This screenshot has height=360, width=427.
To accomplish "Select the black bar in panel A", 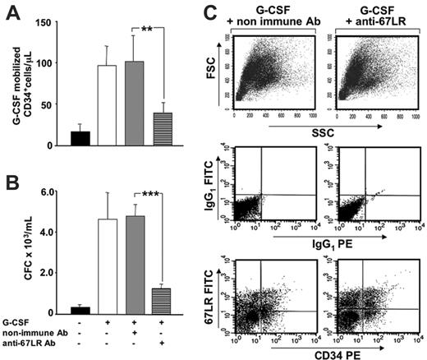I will (x=81, y=138).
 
